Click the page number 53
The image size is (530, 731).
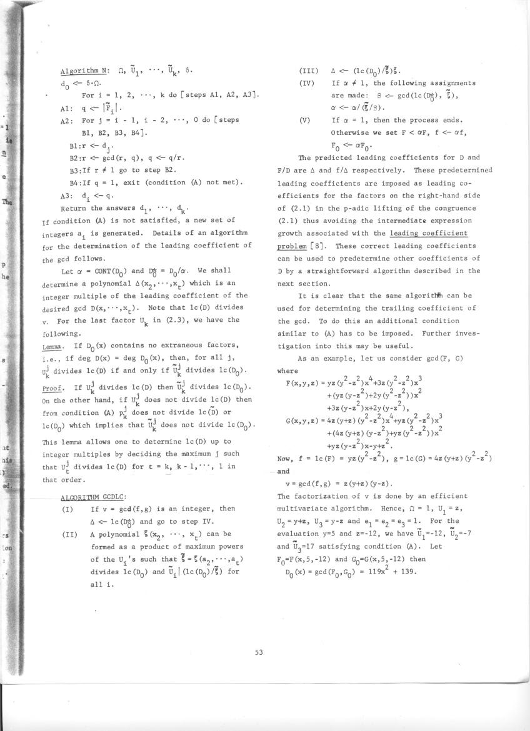(x=259, y=653)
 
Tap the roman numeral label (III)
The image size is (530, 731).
(x=309, y=70)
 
